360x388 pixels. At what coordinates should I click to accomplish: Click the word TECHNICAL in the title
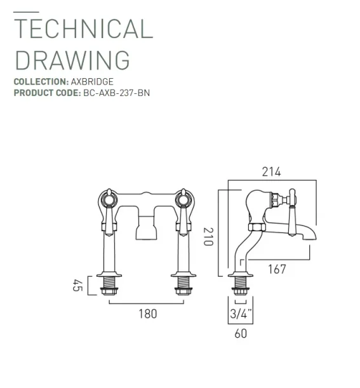[x=83, y=30]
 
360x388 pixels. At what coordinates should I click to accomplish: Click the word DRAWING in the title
[x=72, y=60]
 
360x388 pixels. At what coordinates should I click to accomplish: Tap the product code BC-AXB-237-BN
[x=116, y=93]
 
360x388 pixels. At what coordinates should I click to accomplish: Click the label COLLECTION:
[x=41, y=82]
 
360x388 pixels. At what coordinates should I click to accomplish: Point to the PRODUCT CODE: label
[x=47, y=93]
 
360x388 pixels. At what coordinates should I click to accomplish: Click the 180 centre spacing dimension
[x=147, y=313]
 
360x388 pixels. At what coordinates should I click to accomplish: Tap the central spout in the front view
[x=147, y=225]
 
